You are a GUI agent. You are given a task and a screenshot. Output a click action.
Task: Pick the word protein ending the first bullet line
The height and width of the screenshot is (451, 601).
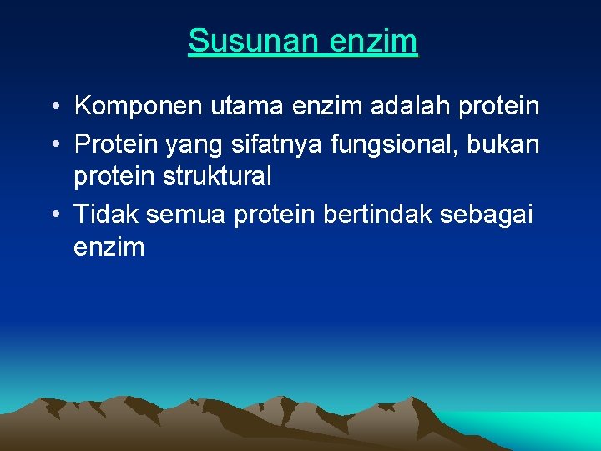tap(503, 107)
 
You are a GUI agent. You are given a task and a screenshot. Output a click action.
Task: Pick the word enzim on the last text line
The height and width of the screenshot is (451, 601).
tap(109, 247)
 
